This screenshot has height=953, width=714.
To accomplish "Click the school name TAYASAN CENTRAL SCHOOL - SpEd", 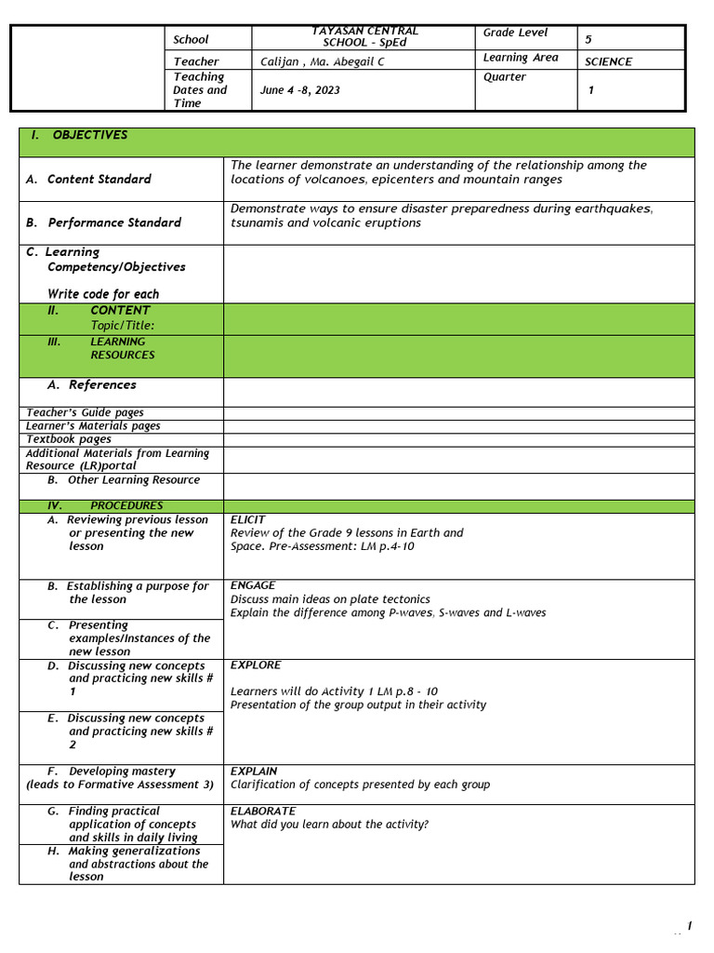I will (364, 37).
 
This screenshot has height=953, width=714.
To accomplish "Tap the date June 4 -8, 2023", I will (300, 90).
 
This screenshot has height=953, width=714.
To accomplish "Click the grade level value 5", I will (588, 40).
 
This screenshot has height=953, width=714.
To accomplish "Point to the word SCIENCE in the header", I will (608, 62).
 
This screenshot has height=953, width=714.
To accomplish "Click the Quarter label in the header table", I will (505, 77).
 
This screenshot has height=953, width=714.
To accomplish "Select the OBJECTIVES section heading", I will (89, 135).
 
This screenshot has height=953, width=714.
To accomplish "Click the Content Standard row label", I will (99, 179).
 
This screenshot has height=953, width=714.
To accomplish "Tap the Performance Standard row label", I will (114, 222).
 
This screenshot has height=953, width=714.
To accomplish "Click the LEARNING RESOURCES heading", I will (122, 348).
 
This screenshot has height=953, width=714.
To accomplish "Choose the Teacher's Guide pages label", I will (85, 412).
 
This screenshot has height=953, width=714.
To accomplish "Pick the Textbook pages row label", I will (69, 439).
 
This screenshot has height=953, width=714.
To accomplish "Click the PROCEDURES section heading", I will (126, 506).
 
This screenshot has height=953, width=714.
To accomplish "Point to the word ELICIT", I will (247, 519).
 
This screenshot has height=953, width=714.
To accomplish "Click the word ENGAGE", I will (253, 585).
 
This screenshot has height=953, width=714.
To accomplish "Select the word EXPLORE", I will (256, 665).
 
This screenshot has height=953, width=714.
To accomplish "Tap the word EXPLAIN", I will (254, 772).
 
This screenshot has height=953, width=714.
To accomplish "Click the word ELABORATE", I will (263, 812).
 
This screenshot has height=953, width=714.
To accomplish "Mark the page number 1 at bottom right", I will (689, 925).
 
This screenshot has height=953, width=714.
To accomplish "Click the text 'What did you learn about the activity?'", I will (329, 825).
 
